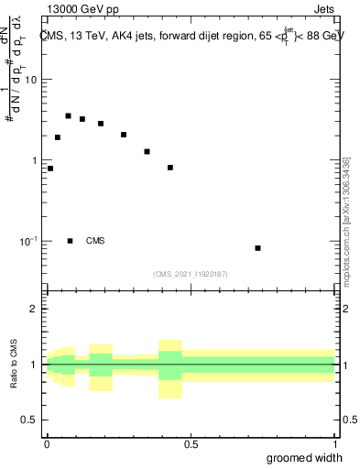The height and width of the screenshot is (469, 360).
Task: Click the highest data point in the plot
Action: point(68,116)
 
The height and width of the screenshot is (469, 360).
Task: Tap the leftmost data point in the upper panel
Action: point(50,169)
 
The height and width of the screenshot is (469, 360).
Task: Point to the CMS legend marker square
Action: point(71,241)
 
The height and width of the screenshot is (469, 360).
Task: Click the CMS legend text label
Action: point(95,241)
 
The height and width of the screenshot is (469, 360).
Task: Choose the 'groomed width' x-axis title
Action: point(305,458)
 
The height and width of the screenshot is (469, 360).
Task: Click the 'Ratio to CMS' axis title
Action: point(13,365)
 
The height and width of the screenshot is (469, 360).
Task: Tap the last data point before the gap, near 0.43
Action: point(170,168)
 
